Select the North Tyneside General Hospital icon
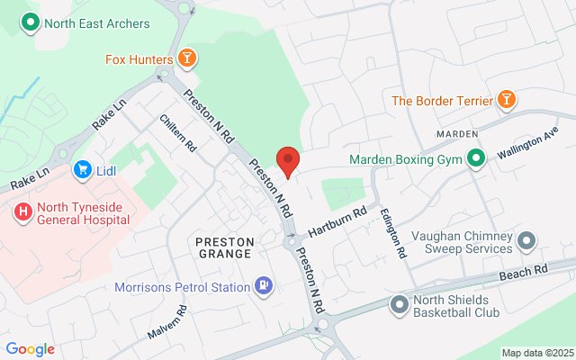[x=22, y=213]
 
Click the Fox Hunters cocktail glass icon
[x=186, y=60]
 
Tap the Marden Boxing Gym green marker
[x=475, y=161]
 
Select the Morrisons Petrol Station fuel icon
[x=263, y=287]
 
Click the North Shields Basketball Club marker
[x=399, y=307]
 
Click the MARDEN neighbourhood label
[x=456, y=133]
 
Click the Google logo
[x=30, y=349]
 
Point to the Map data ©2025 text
[x=536, y=353]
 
